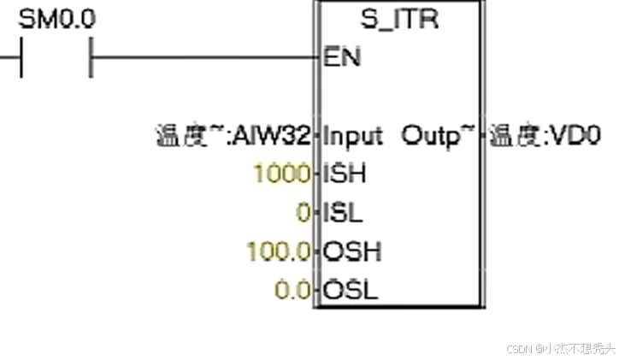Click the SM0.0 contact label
point(56,20)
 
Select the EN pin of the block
point(342,58)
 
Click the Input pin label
point(353,135)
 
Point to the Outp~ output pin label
point(437,135)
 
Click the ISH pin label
point(344,174)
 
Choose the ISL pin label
point(342,213)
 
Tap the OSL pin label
point(350,291)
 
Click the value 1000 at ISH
point(281,174)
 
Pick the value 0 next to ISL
point(302,213)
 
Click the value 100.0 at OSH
point(277,252)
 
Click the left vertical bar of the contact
point(21,58)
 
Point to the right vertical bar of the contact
point(91,58)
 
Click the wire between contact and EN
point(205,57)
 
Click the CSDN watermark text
point(519,349)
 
